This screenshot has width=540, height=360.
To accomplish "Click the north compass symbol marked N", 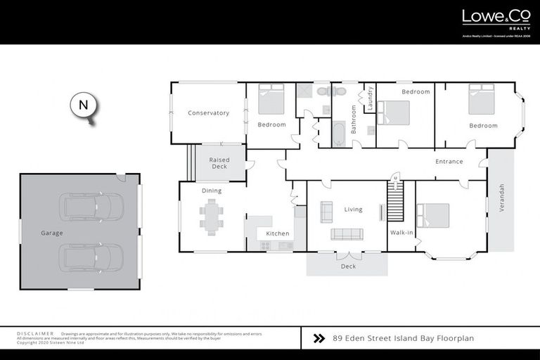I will pos(84,106).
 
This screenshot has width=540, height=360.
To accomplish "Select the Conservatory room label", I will pos(208,113).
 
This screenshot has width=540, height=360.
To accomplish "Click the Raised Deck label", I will pos(219,163).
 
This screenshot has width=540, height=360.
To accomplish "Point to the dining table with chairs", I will pos(211,216).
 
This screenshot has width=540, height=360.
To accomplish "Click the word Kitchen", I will pos(277,233).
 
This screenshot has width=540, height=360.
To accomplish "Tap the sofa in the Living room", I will pos(347,234).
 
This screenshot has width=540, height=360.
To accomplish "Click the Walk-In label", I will pos(401,232).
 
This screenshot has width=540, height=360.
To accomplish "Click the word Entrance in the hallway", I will pos(449,162).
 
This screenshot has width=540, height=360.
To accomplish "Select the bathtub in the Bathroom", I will pos(338,134).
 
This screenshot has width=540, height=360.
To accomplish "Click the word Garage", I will pos(52,233).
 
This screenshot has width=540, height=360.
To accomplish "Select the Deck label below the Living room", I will pos(348,266).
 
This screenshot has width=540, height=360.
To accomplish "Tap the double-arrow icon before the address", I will pos(319,338).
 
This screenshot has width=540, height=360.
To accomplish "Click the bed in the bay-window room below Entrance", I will pos(435,214).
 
